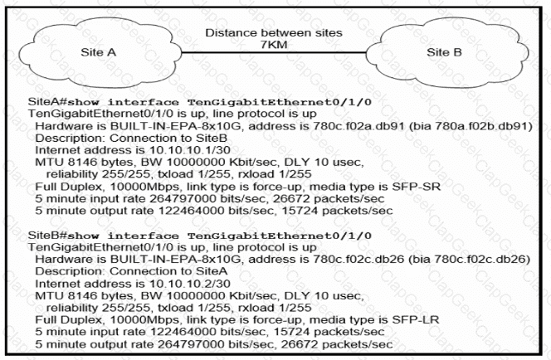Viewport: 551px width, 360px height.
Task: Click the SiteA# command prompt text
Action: [x=50, y=100]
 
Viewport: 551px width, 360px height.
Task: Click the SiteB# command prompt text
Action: [x=50, y=235]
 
